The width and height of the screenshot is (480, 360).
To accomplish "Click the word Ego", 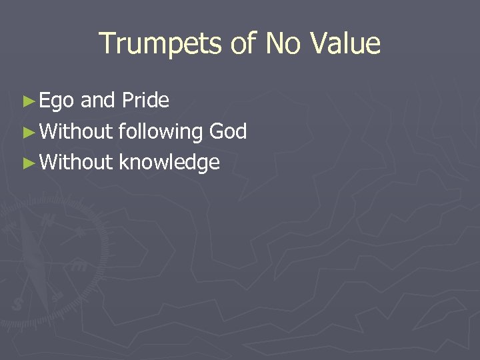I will pyautogui.click(x=57, y=101).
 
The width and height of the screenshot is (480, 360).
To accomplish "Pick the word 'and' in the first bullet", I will pyautogui.click(x=98, y=101).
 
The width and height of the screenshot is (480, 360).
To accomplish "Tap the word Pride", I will pyautogui.click(x=145, y=101).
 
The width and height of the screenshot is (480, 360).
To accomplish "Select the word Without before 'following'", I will pyautogui.click(x=76, y=131).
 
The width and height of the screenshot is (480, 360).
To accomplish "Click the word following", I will pyautogui.click(x=161, y=132).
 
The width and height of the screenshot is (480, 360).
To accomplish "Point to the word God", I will pyautogui.click(x=228, y=131).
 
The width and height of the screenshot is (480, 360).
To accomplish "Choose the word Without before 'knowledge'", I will pyautogui.click(x=76, y=162).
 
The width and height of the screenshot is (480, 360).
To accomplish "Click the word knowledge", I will pyautogui.click(x=169, y=162).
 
